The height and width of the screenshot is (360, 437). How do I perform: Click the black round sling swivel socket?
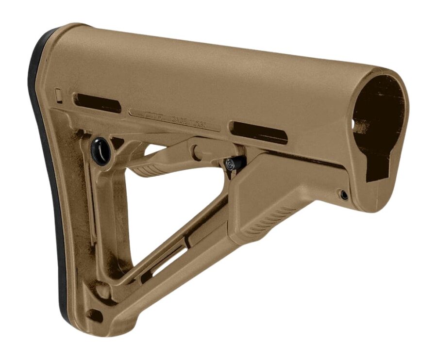(x=101, y=150)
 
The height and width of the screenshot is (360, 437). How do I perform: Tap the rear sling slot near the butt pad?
(x=97, y=102)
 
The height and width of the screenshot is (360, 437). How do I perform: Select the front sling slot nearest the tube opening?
(x=258, y=132)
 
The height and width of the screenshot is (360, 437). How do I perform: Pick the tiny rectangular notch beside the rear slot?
(x=59, y=95)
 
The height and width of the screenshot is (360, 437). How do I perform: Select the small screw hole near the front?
(x=344, y=195)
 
